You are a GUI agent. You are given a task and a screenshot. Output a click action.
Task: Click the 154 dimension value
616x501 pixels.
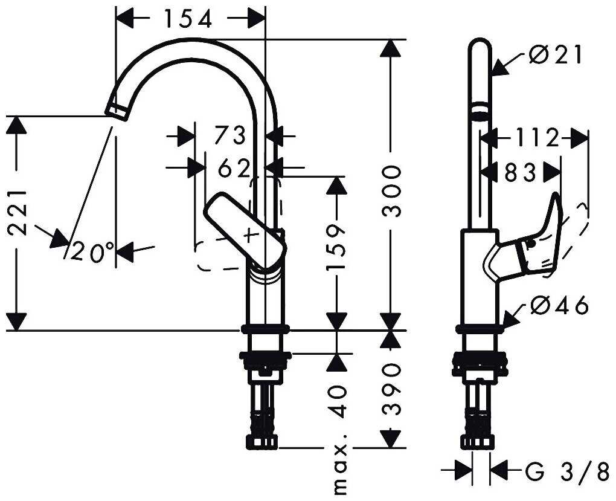(188, 19)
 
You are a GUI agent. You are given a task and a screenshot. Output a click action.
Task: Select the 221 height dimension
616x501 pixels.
(18, 213)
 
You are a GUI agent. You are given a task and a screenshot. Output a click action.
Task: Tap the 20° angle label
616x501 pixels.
(93, 251)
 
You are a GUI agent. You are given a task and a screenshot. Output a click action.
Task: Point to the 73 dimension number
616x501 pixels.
(230, 135)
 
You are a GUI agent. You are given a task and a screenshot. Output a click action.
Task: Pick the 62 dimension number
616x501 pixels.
(234, 169)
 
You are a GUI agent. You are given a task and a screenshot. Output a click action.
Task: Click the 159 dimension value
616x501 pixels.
(336, 248)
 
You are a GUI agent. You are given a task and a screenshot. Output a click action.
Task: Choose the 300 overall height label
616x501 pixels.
(391, 191)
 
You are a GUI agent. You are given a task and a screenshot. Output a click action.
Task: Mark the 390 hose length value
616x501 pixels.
(391, 389)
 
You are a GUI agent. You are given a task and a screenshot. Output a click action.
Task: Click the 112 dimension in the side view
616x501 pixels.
(537, 138)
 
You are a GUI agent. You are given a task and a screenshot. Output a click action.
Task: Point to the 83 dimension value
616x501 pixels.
(521, 172)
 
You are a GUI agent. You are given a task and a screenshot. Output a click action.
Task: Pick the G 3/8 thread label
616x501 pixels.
(568, 472)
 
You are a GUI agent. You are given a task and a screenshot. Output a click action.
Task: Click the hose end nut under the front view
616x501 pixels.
(262, 441)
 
